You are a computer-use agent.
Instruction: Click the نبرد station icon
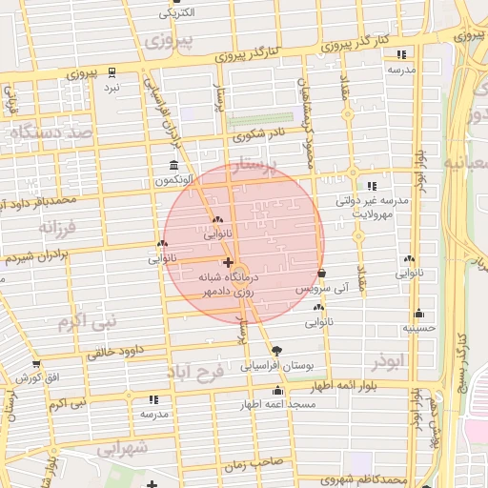point(112,72)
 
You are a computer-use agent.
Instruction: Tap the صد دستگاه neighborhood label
point(51,132)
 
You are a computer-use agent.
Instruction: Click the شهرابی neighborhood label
point(123,447)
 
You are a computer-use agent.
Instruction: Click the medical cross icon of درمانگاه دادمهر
point(227,262)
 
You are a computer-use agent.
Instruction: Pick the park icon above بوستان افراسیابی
point(276,351)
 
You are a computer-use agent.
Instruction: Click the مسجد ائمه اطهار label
point(277,405)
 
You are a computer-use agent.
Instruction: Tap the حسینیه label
point(418,328)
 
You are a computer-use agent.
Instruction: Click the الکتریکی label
point(174,12)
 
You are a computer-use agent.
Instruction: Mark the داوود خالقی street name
point(115,351)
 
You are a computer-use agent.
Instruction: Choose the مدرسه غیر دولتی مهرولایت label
point(372,208)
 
